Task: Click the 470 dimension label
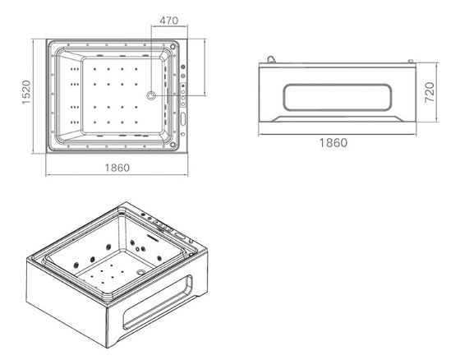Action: (x=168, y=21)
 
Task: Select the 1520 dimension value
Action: (x=26, y=92)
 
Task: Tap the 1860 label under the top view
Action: (x=117, y=168)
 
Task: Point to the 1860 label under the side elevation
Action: (x=333, y=143)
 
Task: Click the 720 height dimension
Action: (x=430, y=93)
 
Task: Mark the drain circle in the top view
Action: (x=151, y=95)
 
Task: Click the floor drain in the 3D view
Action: (x=141, y=271)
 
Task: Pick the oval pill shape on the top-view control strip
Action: (x=183, y=118)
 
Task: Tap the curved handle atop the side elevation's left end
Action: (x=270, y=59)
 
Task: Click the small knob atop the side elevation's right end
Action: (x=411, y=61)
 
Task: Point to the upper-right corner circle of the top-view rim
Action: (x=172, y=47)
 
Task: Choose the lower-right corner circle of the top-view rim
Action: (x=172, y=145)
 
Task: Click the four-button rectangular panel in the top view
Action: (x=183, y=95)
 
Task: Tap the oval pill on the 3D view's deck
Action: (x=180, y=236)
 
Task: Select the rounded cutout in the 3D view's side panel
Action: (x=158, y=302)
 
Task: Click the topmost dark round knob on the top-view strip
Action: (x=183, y=67)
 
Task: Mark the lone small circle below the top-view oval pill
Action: (x=183, y=134)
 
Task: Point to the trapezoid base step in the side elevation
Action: (x=338, y=118)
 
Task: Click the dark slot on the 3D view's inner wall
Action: (x=152, y=238)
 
